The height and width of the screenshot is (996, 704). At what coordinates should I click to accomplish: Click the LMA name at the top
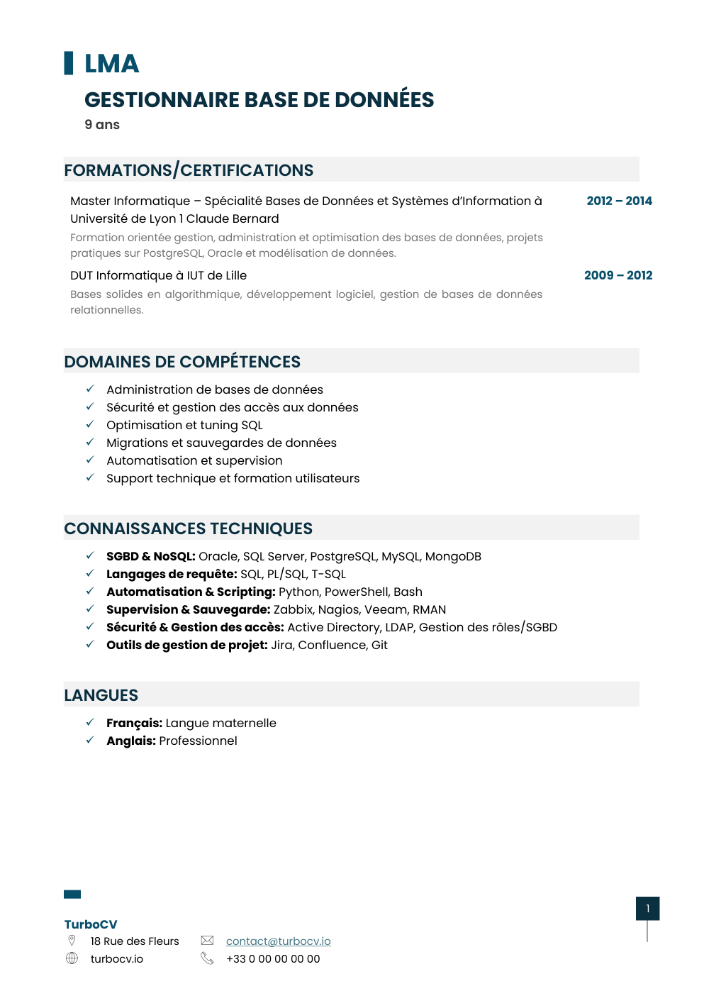(111, 64)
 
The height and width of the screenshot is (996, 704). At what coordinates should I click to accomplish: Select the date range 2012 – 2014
(619, 201)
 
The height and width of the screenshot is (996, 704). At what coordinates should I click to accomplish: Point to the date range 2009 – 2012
(618, 275)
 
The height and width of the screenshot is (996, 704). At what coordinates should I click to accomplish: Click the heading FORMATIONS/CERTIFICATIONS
(189, 170)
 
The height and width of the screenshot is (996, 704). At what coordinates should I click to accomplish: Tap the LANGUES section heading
(101, 695)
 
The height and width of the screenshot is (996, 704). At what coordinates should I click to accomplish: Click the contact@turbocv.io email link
(278, 941)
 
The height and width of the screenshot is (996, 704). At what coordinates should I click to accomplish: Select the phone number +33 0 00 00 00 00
(273, 959)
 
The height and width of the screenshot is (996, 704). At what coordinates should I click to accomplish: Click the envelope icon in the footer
(207, 941)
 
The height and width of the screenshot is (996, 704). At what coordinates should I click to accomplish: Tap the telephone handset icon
(207, 958)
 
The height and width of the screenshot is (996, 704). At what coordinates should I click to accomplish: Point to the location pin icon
(72, 941)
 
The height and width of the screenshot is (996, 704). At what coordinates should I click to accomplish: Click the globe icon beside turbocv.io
(72, 958)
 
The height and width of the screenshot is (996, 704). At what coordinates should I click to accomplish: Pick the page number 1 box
(647, 909)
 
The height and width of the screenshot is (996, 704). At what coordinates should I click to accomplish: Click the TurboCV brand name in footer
(91, 924)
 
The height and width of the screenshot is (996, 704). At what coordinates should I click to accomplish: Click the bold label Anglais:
(131, 741)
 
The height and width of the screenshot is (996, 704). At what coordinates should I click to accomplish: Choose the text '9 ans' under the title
(102, 125)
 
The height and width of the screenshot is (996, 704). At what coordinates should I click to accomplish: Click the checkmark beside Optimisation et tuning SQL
(90, 424)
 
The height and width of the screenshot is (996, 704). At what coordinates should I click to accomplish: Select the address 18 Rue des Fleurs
(135, 941)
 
